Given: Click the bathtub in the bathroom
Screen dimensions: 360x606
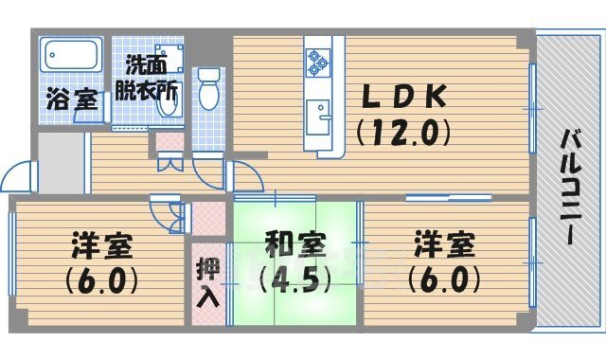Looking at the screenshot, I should click(72, 53).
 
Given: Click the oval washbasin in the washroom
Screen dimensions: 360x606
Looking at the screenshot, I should click(169, 105).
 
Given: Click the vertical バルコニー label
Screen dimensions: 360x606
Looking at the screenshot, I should click(571, 189).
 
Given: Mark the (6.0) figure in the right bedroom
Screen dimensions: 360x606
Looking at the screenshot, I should click(443, 281).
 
